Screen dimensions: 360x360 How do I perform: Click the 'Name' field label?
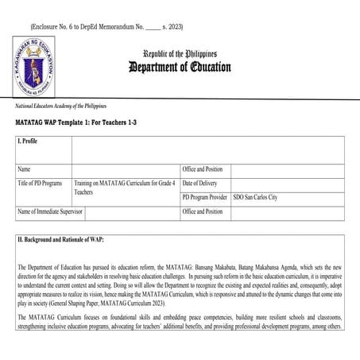pos(24,169)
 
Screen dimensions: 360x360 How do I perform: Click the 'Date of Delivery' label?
pos(201,184)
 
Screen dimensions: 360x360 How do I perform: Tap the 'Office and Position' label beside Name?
pos(203,169)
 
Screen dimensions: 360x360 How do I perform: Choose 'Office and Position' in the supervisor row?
pos(203,212)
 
